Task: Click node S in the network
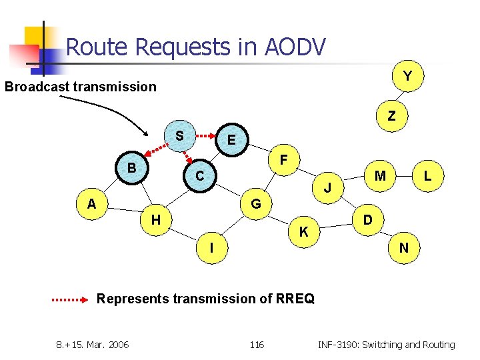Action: [179, 136]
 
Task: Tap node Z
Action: [392, 116]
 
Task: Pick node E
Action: [231, 140]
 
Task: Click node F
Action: [283, 161]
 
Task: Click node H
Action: [155, 219]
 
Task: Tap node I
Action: [211, 248]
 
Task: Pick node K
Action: [303, 232]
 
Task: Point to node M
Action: [380, 176]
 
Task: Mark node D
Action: [367, 219]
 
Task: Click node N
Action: [404, 248]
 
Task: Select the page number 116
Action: [257, 345]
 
